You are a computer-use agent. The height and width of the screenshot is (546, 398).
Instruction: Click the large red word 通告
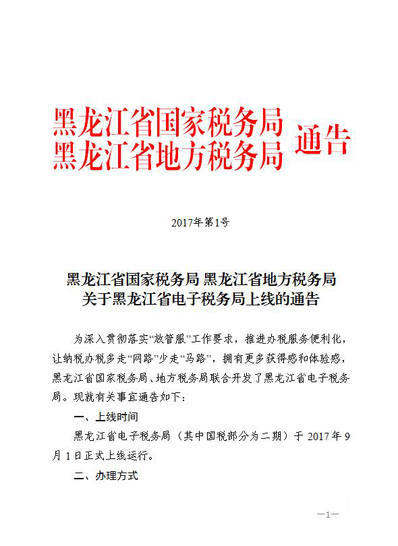coord(323,140)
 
